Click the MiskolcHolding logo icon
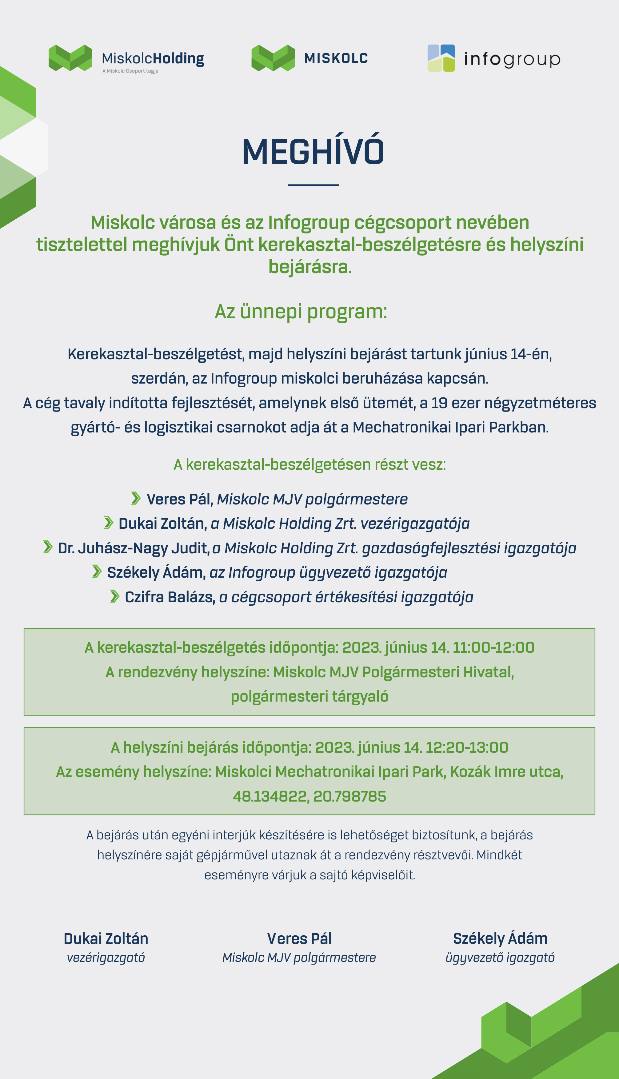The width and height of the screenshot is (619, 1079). [x=70, y=58]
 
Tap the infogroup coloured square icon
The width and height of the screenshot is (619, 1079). [x=441, y=58]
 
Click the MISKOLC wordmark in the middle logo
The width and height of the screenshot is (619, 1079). [x=336, y=58]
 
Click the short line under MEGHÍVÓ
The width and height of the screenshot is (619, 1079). [x=313, y=185]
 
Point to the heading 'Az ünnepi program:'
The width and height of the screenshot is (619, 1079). [x=301, y=312]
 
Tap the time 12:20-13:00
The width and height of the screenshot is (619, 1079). [x=466, y=747]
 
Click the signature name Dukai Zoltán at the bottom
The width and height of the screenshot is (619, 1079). [x=106, y=938]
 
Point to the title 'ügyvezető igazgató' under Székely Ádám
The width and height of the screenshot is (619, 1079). [x=500, y=958]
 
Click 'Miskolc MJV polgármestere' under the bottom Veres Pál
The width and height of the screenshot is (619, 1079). [x=299, y=958]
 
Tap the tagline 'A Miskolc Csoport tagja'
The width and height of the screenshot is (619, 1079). [x=130, y=71]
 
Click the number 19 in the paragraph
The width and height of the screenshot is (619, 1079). [x=440, y=403]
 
